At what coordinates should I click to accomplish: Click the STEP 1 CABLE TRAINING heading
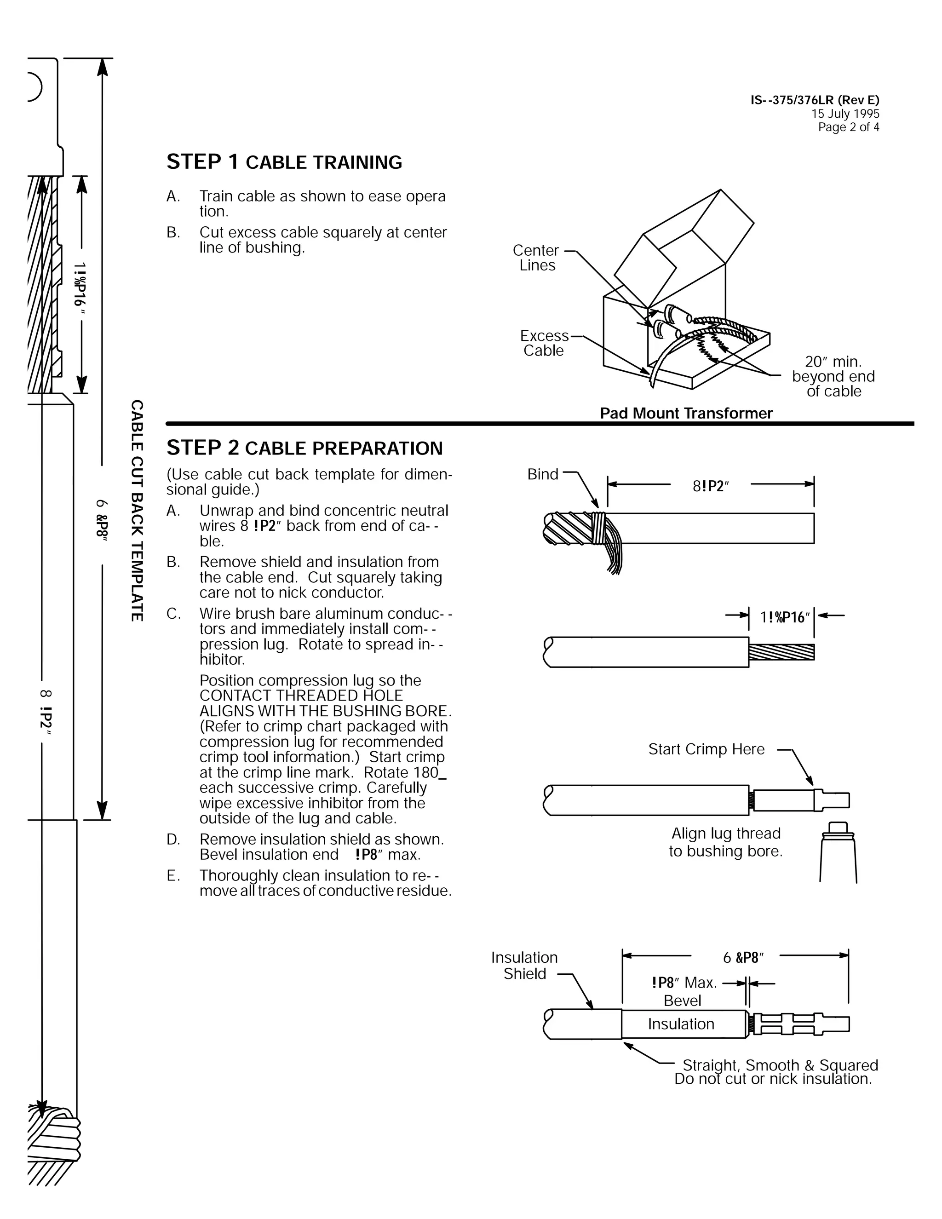[x=284, y=162]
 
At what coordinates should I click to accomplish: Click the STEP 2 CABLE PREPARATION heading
[x=304, y=448]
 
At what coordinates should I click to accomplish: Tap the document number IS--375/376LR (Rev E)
[x=814, y=100]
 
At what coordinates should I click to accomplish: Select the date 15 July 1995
[x=845, y=114]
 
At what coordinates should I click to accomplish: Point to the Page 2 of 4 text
[x=848, y=127]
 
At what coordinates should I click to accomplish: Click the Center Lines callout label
[x=536, y=258]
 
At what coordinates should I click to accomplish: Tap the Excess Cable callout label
[x=544, y=343]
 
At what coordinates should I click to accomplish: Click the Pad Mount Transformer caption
[x=686, y=413]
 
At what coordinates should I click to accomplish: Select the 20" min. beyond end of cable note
[x=833, y=376]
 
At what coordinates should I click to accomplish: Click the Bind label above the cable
[x=542, y=474]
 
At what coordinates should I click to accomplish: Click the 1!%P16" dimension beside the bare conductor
[x=784, y=617]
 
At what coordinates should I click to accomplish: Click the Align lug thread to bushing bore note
[x=725, y=842]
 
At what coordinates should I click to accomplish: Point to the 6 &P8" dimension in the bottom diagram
[x=743, y=958]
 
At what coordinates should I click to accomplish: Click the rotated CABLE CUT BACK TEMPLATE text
[x=137, y=510]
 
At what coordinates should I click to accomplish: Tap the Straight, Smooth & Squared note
[x=780, y=1065]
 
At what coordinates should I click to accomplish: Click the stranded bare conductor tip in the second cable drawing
[x=781, y=652]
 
